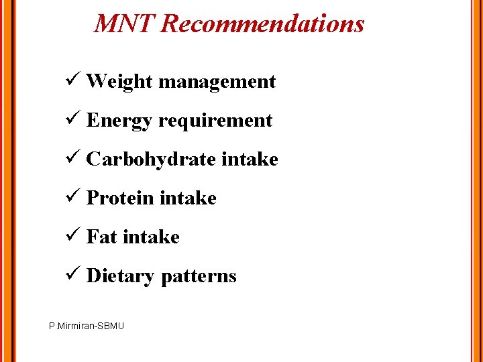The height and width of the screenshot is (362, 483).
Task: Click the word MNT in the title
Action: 125,24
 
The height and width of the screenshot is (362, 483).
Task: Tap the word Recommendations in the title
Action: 263,24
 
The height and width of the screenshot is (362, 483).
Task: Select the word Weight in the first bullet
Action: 120,82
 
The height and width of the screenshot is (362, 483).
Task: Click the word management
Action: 217,82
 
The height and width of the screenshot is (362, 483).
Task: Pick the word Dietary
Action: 121,276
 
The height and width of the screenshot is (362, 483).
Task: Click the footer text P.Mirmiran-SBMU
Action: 87,326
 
